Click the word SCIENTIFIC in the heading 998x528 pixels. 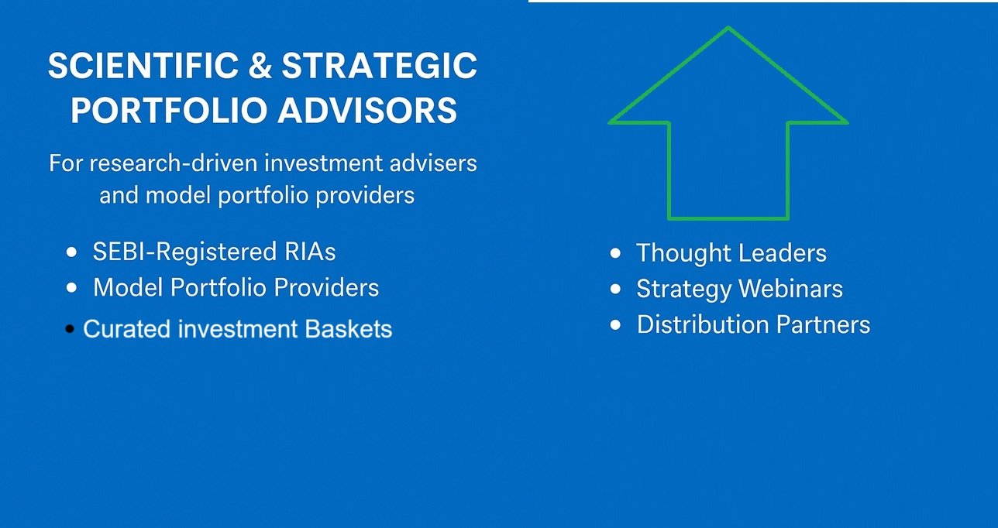(x=143, y=66)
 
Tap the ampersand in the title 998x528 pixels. (x=260, y=66)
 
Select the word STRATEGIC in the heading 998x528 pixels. (x=379, y=66)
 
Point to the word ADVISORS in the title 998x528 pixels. (x=367, y=110)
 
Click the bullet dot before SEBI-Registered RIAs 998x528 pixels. (x=71, y=252)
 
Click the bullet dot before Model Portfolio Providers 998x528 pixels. (x=71, y=287)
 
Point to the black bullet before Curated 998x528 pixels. (x=70, y=329)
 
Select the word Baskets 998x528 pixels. (x=349, y=329)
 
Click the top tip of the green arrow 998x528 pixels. (x=728, y=28)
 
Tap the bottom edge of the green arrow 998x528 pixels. (x=728, y=218)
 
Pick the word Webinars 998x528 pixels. (x=791, y=289)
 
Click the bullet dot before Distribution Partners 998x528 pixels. (x=615, y=324)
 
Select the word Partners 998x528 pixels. (x=823, y=324)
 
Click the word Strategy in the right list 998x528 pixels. (x=684, y=290)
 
